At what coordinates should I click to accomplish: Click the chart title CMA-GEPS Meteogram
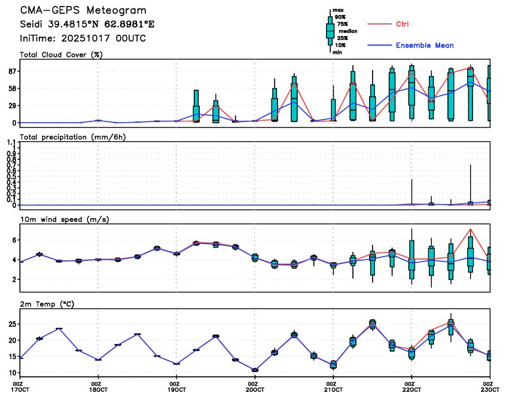pyautogui.click(x=83, y=11)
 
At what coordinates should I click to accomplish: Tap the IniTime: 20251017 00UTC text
pyautogui.click(x=83, y=38)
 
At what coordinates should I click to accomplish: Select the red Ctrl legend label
pyautogui.click(x=403, y=24)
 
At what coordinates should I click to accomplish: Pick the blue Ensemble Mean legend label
pyautogui.click(x=425, y=45)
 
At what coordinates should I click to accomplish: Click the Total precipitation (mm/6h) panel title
pyautogui.click(x=77, y=137)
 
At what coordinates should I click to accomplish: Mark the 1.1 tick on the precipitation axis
pyautogui.click(x=10, y=143)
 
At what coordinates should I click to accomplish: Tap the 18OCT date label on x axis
pyautogui.click(x=98, y=389)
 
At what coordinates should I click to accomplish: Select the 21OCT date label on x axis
pyautogui.click(x=333, y=389)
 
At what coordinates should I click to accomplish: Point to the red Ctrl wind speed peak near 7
pyautogui.click(x=471, y=229)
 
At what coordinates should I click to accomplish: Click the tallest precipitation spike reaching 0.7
pyautogui.click(x=471, y=166)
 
